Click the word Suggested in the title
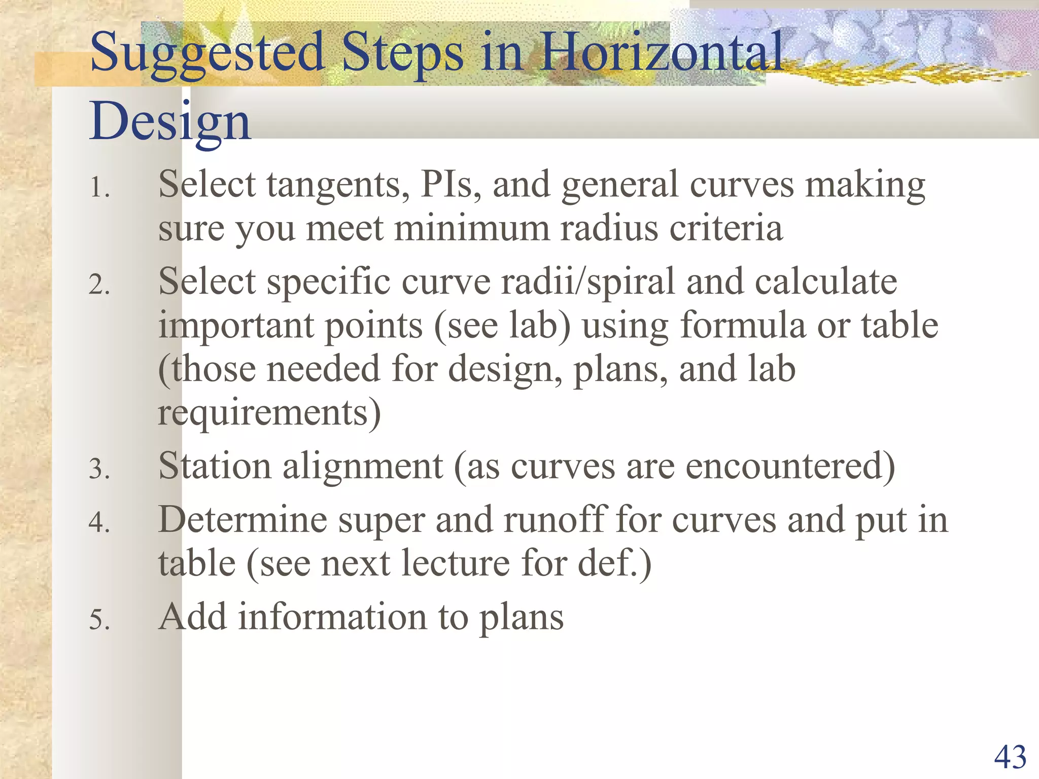pos(207,53)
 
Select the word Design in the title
pos(170,122)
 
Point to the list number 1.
pos(99,188)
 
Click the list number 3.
pos(99,469)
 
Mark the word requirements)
pos(269,413)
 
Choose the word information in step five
pos(333,617)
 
